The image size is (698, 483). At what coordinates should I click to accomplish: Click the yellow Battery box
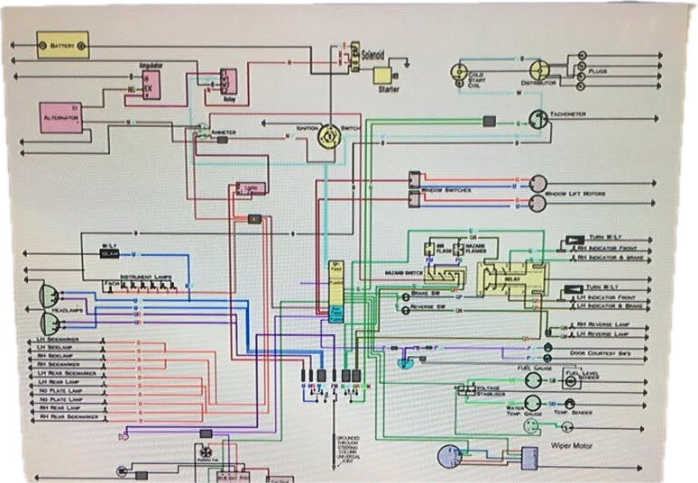click(62, 44)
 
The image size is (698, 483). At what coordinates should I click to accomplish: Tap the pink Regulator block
click(150, 86)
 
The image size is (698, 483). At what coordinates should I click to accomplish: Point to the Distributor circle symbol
click(538, 70)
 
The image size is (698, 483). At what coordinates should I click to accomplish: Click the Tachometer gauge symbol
click(537, 118)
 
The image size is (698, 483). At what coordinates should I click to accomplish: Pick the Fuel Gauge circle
click(534, 380)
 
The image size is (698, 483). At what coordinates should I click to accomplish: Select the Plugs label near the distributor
click(597, 68)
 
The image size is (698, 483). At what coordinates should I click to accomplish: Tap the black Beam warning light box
click(110, 253)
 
